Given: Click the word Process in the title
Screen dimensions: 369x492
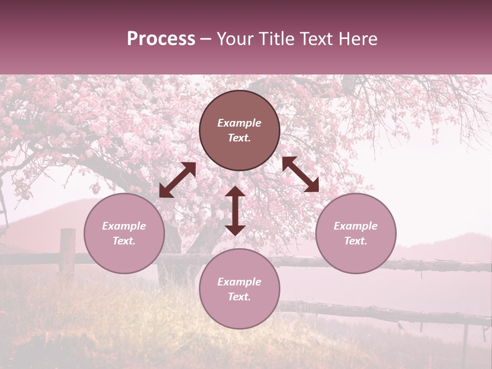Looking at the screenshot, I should (161, 39).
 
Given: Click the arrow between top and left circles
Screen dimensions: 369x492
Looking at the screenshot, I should (177, 180).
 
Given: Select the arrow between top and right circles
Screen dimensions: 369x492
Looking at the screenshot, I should (300, 174).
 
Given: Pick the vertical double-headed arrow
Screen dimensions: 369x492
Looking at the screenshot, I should (235, 211).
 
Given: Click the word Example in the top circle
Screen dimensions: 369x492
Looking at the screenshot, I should (239, 123).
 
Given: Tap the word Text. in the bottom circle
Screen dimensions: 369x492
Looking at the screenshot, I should (239, 297).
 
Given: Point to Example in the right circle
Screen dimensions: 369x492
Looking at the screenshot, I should (356, 226).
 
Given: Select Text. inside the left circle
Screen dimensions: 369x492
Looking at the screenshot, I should (124, 241).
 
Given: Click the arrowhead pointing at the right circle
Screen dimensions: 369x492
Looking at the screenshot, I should (313, 187).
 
